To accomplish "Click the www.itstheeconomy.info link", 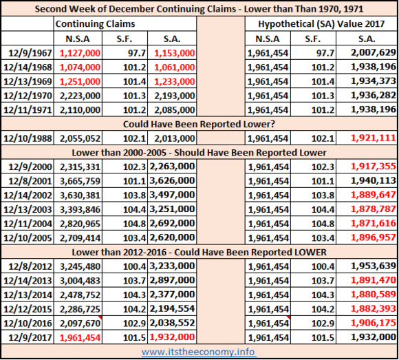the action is [x=199, y=352].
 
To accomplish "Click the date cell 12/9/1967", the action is [x=30, y=53].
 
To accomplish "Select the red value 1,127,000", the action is [x=80, y=53].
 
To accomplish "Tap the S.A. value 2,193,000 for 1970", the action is [x=175, y=96].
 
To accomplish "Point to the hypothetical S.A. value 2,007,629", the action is [x=374, y=52].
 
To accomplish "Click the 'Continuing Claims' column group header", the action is [x=95, y=23].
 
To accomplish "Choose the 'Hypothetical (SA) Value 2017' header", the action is [x=321, y=23].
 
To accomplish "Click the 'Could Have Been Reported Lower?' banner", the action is [x=199, y=124].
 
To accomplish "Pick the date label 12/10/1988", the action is [x=28, y=138].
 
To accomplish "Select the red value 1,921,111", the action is [x=374, y=138].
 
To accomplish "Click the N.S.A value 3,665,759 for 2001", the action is [x=80, y=181].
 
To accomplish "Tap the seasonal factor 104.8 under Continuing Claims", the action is [x=134, y=224].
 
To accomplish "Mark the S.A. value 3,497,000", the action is [x=172, y=195].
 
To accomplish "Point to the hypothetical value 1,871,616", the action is [x=374, y=223].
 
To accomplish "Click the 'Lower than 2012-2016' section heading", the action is [x=199, y=252].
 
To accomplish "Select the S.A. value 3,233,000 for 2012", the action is [x=172, y=266].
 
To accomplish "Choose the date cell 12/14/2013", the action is [x=28, y=281].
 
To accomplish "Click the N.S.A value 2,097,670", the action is [x=80, y=324].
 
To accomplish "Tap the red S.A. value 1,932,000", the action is [x=172, y=337].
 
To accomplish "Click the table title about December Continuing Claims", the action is [x=199, y=9].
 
